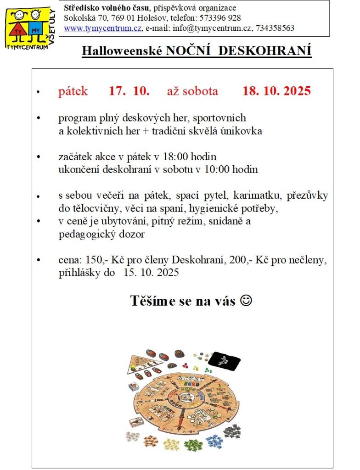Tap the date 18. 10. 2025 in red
click(276, 91)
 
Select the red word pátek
click(73, 91)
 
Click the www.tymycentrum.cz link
click(102, 28)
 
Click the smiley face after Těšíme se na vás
click(246, 301)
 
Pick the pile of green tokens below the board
click(193, 444)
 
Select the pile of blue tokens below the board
click(214, 442)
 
